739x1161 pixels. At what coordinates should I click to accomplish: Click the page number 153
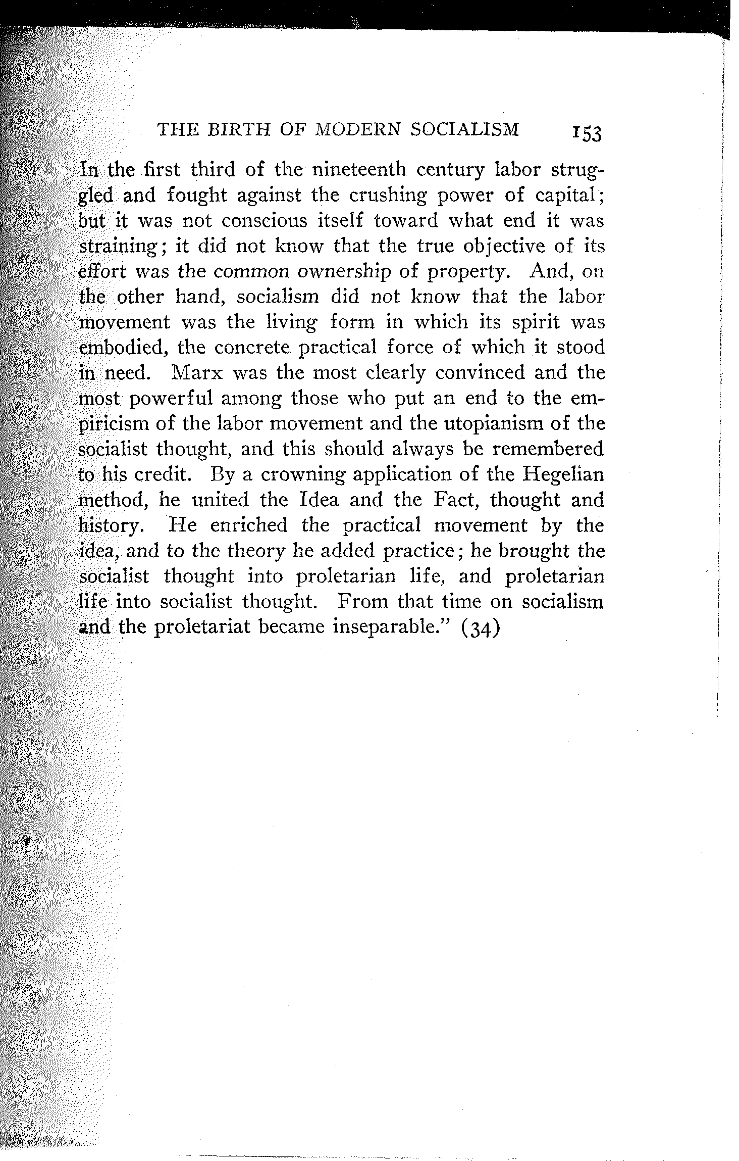(587, 135)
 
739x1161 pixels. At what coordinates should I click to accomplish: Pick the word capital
(566, 195)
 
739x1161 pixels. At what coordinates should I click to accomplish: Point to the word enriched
(248, 525)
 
